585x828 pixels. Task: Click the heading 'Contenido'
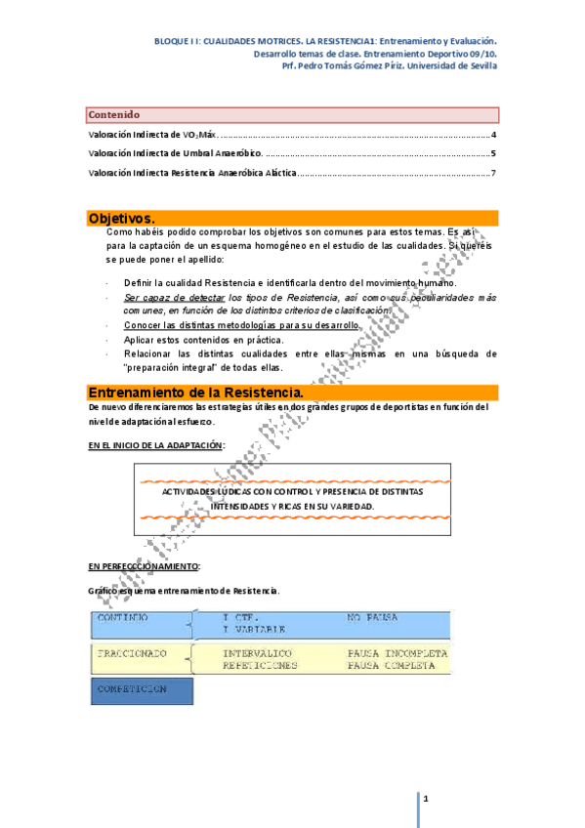click(x=114, y=115)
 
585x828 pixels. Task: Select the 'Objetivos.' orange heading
click(x=121, y=218)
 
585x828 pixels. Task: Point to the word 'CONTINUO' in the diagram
click(x=123, y=618)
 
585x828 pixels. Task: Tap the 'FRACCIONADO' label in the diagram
click(x=132, y=652)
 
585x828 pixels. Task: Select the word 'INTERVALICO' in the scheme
click(x=257, y=652)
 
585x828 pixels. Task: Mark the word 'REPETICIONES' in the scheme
click(x=260, y=665)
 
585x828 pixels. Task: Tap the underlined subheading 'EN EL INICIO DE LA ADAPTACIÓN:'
click(x=156, y=445)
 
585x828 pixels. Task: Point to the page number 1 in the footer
click(x=427, y=800)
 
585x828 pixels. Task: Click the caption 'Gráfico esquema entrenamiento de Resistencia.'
click(x=184, y=591)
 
